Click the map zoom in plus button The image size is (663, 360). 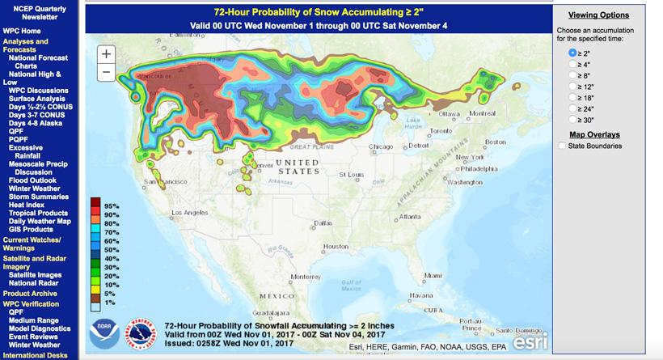(107, 53)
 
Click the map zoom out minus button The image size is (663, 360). (107, 72)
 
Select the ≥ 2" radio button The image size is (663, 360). (572, 52)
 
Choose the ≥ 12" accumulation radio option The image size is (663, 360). (572, 85)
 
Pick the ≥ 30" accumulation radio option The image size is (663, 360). (572, 118)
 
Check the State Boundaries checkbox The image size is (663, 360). (563, 146)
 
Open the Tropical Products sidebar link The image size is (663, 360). (39, 213)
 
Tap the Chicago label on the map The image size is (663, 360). (380, 146)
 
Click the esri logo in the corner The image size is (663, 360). (529, 341)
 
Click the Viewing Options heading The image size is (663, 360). (598, 15)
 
